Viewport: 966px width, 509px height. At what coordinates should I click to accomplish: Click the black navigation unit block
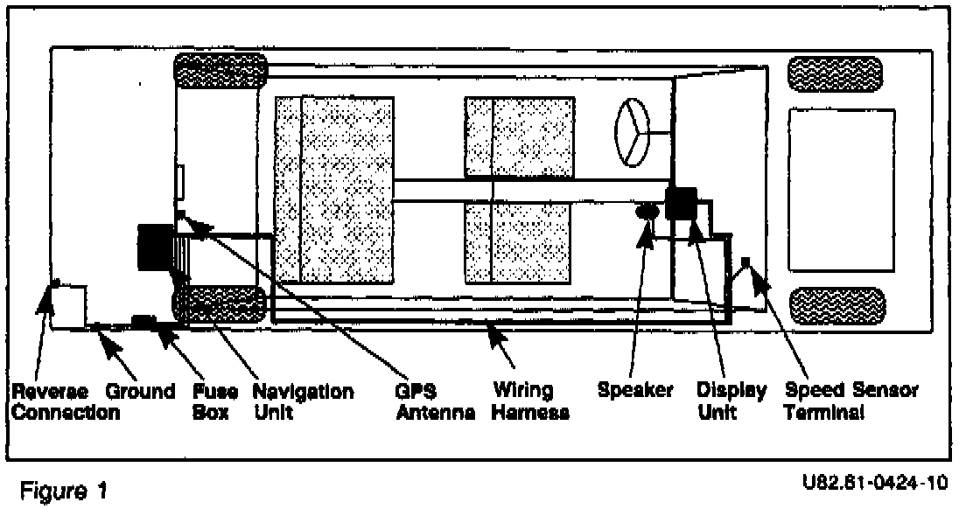pos(156,248)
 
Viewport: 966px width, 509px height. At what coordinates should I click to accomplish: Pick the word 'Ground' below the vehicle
pos(140,390)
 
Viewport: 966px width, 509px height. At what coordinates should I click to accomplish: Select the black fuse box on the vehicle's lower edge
pos(143,321)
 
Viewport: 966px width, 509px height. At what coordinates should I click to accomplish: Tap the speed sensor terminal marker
pos(745,262)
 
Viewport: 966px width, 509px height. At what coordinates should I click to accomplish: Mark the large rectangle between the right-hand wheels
pos(842,189)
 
